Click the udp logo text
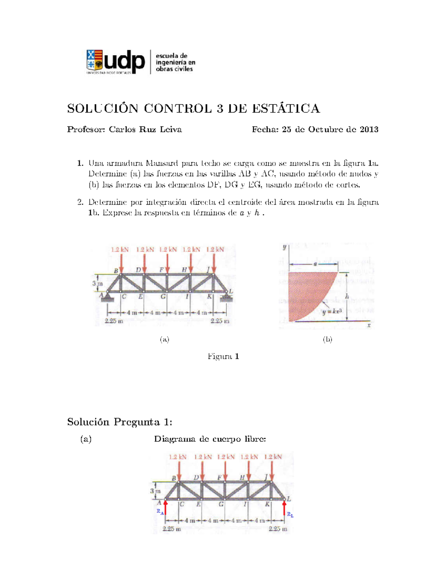(124, 61)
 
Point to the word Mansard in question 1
(162, 163)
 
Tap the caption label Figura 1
(223, 356)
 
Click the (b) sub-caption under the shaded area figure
(327, 339)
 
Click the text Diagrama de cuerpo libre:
(210, 439)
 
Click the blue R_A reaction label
(160, 512)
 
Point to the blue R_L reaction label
(290, 515)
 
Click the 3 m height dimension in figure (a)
(97, 283)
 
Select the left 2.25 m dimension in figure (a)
(114, 321)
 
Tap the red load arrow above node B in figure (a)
(120, 265)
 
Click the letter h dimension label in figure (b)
(347, 297)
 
